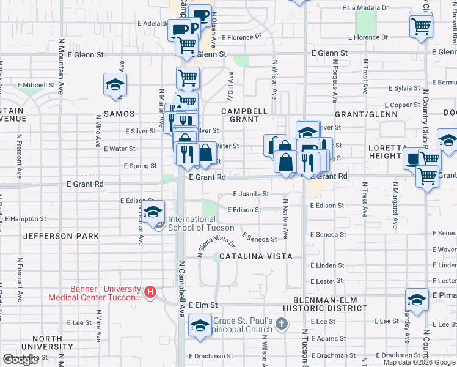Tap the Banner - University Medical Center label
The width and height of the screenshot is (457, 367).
coord(95,294)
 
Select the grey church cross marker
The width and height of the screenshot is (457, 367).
coord(281,322)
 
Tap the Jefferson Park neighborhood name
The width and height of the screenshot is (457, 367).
coord(60,235)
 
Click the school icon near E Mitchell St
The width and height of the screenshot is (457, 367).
coord(114,85)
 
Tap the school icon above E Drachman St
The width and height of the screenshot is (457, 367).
coord(199,326)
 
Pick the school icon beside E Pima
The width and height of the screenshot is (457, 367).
coord(417,300)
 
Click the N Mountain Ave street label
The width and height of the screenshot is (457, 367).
coord(61,67)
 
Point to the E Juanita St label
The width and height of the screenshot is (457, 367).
coord(251,194)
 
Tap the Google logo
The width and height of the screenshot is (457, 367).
coord(21,360)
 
